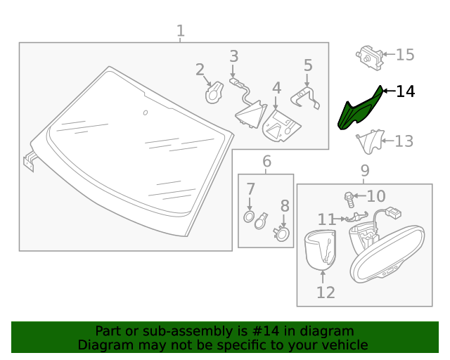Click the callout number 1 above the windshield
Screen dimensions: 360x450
pyautogui.click(x=180, y=31)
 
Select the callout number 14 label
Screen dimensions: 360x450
pyautogui.click(x=406, y=91)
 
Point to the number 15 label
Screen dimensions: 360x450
pyautogui.click(x=406, y=55)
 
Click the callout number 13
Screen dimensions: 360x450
pyautogui.click(x=404, y=141)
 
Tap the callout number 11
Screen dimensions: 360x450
pyautogui.click(x=327, y=219)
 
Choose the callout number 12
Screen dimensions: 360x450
pyautogui.click(x=326, y=292)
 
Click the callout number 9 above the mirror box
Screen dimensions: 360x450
pyautogui.click(x=365, y=170)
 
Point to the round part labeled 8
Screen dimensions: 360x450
pyautogui.click(x=282, y=234)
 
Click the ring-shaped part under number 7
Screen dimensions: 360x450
pyautogui.click(x=249, y=217)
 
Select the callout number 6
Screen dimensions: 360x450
pyautogui.click(x=266, y=162)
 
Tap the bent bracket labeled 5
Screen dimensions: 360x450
pyautogui.click(x=307, y=98)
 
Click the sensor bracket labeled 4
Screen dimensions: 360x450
pyautogui.click(x=283, y=126)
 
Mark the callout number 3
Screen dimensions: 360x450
pyautogui.click(x=233, y=56)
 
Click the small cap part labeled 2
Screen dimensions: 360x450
pyautogui.click(x=214, y=93)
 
